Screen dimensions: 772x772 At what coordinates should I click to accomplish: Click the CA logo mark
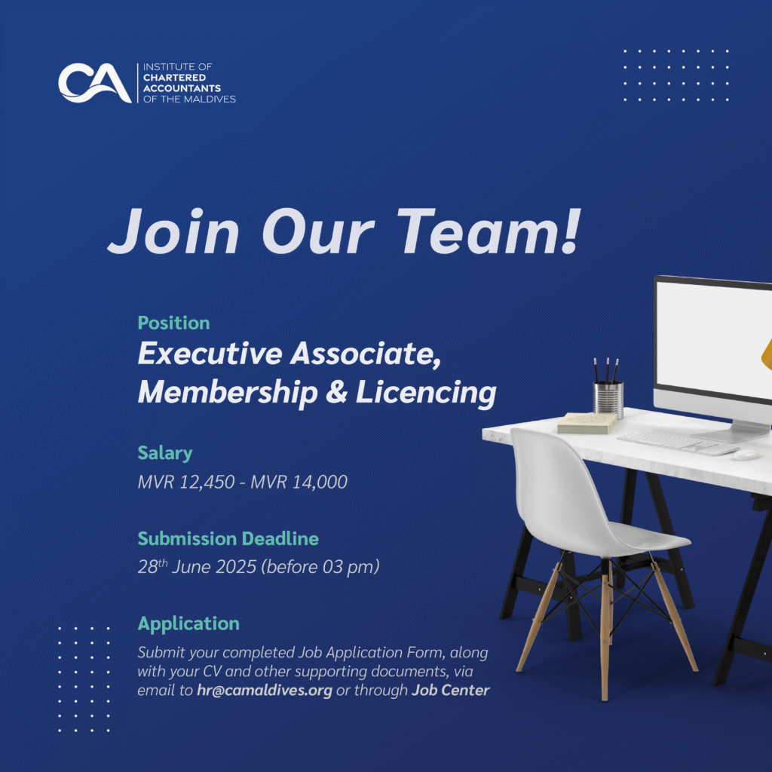tap(94, 83)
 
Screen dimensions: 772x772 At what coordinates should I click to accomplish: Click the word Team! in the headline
tap(489, 231)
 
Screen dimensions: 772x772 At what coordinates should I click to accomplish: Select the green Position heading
tap(174, 323)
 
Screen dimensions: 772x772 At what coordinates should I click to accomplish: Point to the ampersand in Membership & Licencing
tap(336, 392)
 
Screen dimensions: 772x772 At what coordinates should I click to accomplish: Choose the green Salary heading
tap(165, 453)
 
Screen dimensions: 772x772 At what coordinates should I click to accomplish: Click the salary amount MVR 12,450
tap(186, 482)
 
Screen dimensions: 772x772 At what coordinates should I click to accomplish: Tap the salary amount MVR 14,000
tap(299, 482)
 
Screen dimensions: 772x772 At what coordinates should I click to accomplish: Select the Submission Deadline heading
tap(228, 538)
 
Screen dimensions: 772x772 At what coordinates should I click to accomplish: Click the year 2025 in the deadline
tap(236, 567)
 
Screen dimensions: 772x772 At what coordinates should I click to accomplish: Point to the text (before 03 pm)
tap(320, 567)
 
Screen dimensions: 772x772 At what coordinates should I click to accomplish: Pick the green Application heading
tap(188, 623)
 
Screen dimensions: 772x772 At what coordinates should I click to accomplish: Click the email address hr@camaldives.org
tap(265, 691)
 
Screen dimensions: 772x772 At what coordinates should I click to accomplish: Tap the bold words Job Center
tap(451, 691)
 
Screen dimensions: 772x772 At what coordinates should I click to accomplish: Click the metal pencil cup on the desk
tap(608, 399)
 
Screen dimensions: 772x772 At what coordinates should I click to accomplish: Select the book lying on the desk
tap(587, 423)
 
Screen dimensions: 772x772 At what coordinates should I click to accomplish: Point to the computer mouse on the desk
tap(745, 455)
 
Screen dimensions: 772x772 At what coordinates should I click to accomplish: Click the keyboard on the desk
tap(678, 442)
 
